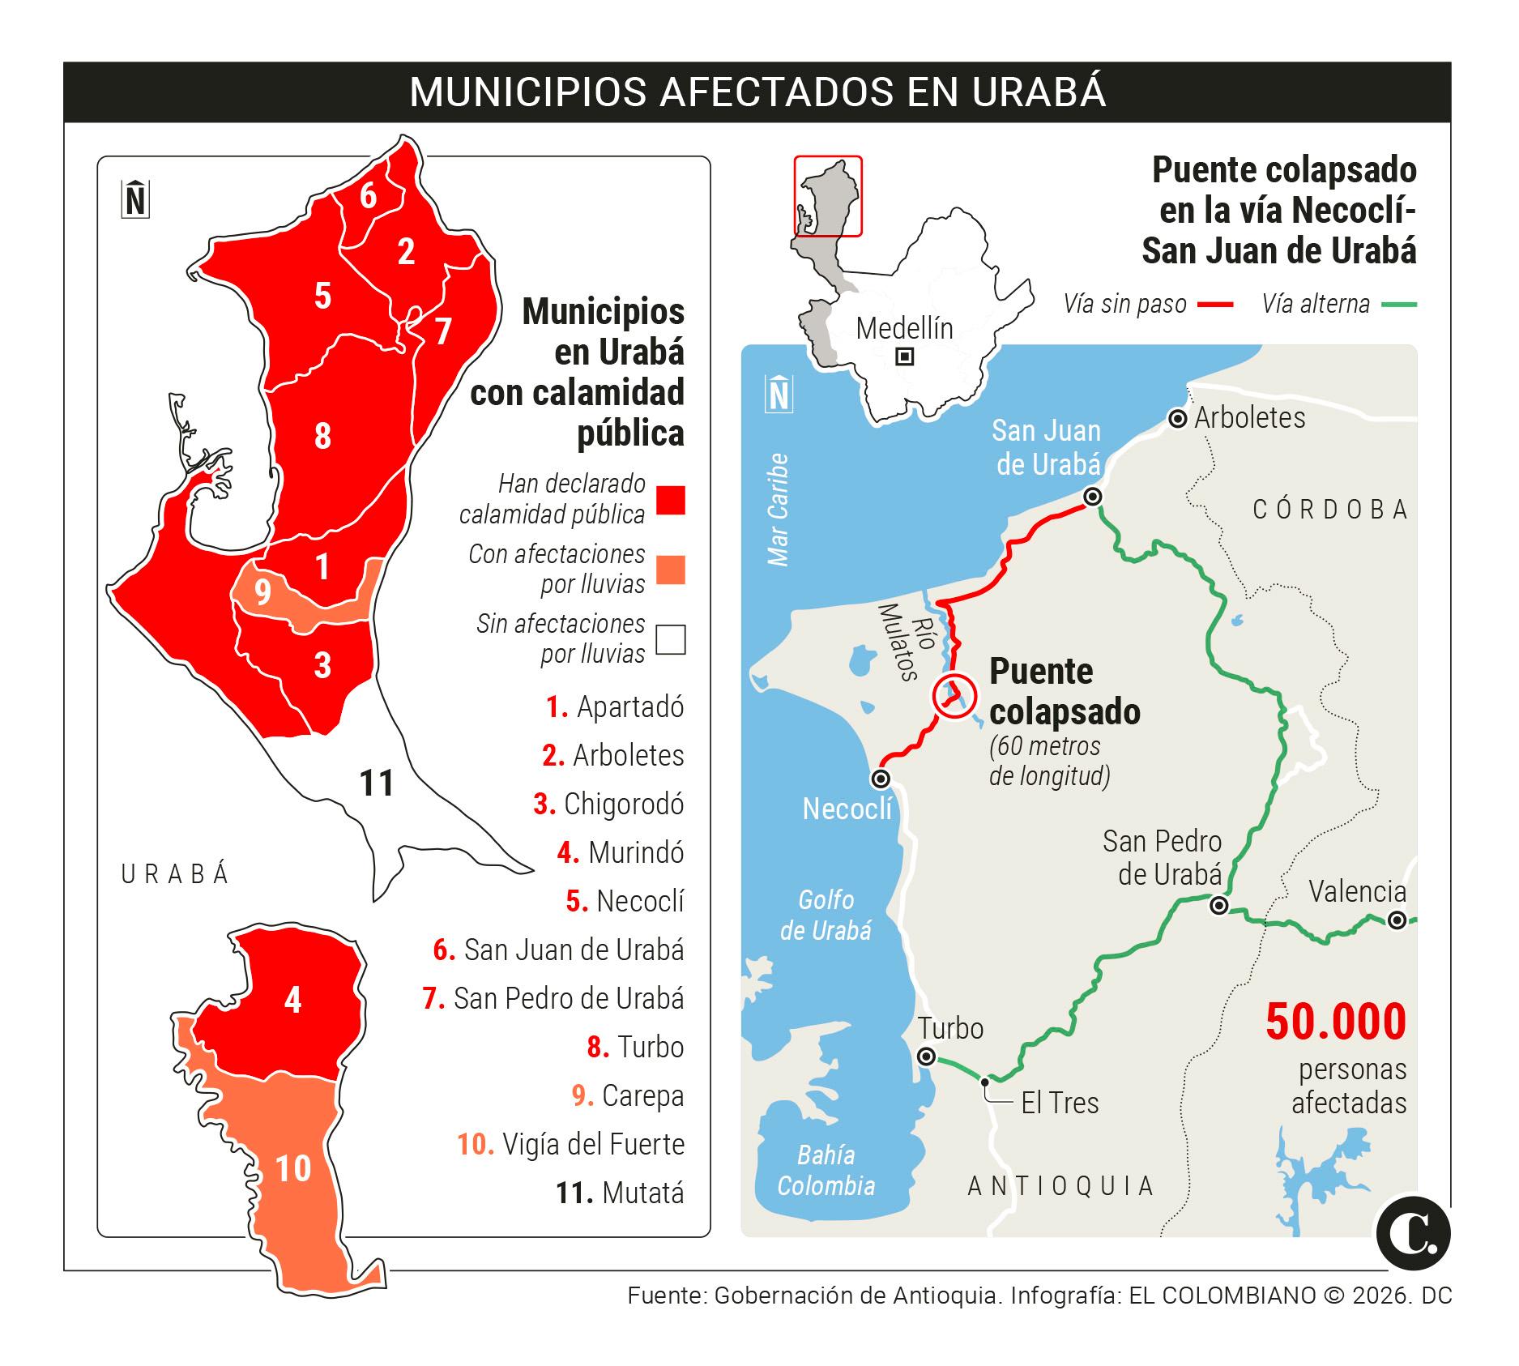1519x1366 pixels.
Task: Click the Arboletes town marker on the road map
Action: point(1177,419)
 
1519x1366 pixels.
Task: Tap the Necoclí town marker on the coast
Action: point(881,779)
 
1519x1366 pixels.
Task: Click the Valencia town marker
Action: point(1397,920)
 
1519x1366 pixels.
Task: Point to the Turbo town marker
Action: point(926,1057)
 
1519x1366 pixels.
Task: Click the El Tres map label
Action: point(1060,1103)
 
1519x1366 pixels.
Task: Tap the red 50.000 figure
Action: point(1336,1022)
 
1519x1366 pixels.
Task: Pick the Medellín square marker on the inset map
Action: point(905,356)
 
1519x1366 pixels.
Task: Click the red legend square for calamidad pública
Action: point(670,500)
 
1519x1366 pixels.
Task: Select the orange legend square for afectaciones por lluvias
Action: point(670,570)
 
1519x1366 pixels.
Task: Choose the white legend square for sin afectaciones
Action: point(670,639)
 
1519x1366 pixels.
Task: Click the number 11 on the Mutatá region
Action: point(377,783)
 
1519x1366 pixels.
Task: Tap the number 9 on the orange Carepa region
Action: point(262,592)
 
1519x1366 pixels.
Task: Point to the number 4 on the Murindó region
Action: point(292,1001)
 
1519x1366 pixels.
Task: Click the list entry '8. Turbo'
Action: point(635,1047)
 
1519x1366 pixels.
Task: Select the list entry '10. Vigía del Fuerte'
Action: point(571,1144)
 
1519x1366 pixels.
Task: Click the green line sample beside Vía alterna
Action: point(1399,305)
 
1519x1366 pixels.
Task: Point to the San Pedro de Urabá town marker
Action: point(1219,906)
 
